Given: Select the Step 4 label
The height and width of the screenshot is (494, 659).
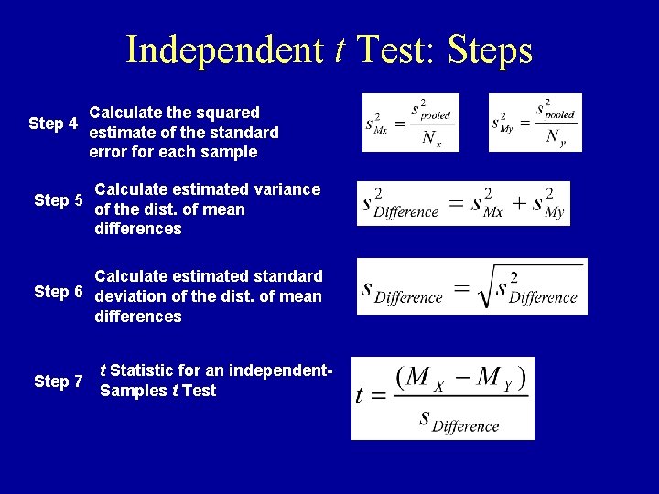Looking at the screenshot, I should (x=53, y=123).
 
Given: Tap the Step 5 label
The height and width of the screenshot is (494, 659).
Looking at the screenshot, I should (x=59, y=200).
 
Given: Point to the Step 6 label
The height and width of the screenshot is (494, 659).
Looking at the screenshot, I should (x=59, y=292).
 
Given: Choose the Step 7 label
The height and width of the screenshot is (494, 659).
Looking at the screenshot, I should (x=59, y=381).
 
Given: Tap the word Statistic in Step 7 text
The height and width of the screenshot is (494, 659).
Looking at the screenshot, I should (x=146, y=370).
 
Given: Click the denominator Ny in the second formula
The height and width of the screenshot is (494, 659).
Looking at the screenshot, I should (x=556, y=138).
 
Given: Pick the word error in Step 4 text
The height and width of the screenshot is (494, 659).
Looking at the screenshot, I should (x=109, y=152).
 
